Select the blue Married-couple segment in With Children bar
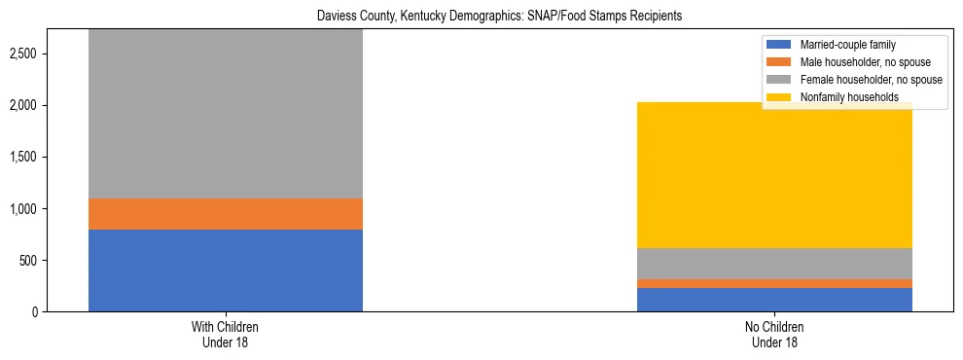click(226, 270)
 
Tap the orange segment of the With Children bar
click(226, 213)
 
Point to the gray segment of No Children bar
click(774, 264)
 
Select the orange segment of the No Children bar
click(774, 283)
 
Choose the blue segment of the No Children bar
click(774, 300)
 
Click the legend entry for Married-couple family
click(847, 45)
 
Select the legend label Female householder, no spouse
click(870, 80)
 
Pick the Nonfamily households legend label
click(849, 97)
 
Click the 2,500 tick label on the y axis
click(22, 53)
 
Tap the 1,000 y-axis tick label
click(22, 208)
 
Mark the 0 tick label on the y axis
click(35, 312)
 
